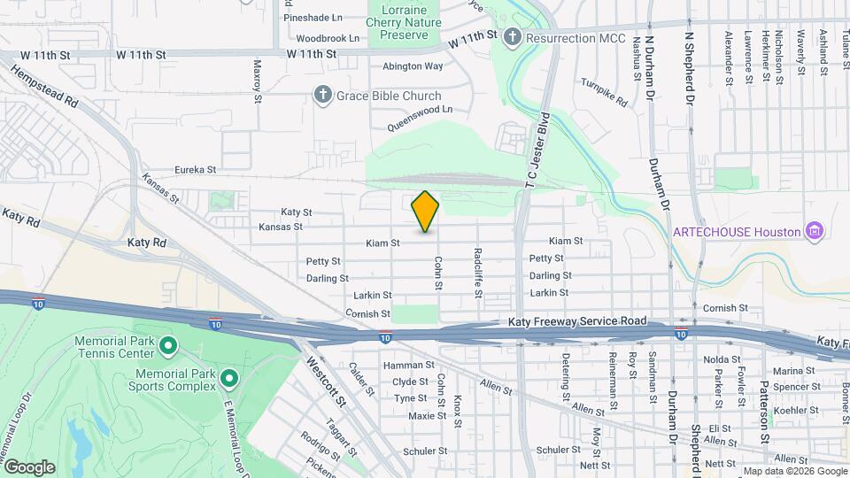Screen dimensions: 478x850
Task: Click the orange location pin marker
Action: (425, 211)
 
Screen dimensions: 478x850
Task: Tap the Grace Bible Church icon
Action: (324, 95)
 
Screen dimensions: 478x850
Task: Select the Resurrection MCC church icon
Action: (512, 38)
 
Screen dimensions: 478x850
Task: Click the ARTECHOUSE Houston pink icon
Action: (815, 232)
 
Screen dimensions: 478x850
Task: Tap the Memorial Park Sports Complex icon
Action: (228, 380)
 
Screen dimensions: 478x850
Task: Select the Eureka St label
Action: (195, 169)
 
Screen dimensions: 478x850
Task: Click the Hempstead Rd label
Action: (42, 86)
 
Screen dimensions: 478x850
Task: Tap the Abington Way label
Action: (413, 66)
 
